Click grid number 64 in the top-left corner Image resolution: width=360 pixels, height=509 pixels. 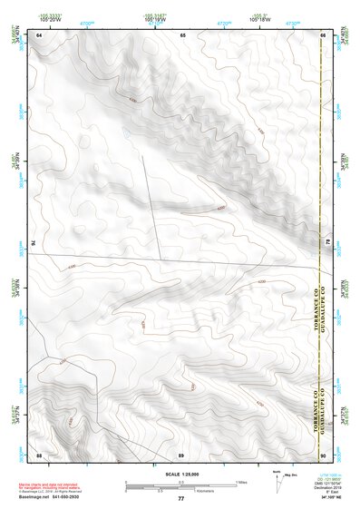[x=39, y=34]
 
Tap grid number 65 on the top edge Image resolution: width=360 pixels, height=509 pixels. [x=182, y=34]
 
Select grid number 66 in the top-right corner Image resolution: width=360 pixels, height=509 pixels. [x=323, y=34]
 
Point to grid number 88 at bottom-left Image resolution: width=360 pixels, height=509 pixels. [x=39, y=454]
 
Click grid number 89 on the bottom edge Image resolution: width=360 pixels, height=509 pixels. [x=181, y=454]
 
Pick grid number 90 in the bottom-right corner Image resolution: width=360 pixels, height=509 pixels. [x=323, y=454]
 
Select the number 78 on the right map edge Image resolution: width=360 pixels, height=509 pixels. [x=327, y=243]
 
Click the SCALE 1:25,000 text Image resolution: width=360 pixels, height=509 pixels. [x=180, y=473]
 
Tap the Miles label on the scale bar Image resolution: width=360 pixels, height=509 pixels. [x=241, y=482]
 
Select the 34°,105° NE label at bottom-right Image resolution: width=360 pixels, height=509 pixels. [x=331, y=498]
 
